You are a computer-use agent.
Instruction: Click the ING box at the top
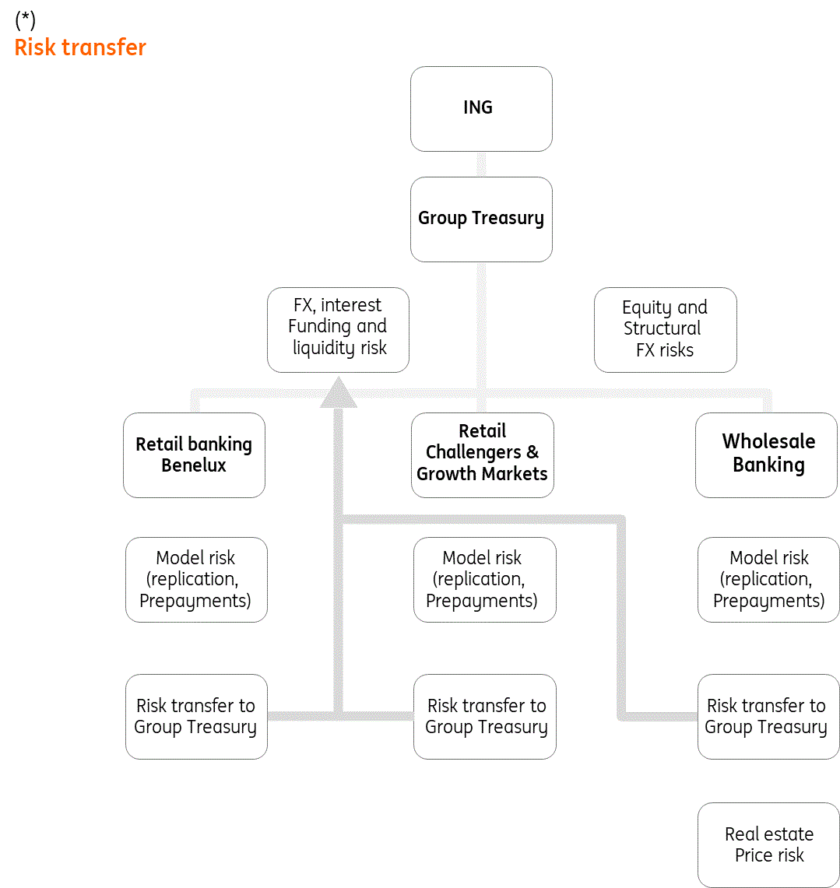[x=481, y=108]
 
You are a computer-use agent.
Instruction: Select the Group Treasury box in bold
[x=481, y=219]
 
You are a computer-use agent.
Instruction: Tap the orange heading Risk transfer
[x=80, y=47]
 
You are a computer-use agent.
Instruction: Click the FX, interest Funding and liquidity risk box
[x=338, y=329]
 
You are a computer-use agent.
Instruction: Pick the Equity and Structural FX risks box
[x=665, y=329]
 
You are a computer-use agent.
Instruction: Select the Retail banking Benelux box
[x=194, y=455]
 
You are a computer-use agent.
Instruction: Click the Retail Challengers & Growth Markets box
[x=482, y=455]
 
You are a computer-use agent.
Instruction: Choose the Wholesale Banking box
[x=766, y=455]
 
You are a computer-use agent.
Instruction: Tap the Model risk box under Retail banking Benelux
[x=196, y=579]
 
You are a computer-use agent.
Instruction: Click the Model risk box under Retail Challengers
[x=484, y=579]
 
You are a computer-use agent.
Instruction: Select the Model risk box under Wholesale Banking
[x=768, y=579]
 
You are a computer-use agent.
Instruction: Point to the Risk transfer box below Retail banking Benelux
[x=196, y=716]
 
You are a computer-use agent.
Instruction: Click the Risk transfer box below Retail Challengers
[x=484, y=716]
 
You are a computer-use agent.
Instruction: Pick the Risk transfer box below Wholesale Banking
[x=768, y=716]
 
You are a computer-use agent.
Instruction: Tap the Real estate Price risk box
[x=768, y=845]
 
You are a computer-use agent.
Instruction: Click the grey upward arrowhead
[x=339, y=394]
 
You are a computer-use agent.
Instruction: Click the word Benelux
[x=194, y=465]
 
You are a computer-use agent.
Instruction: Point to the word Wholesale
[x=768, y=441]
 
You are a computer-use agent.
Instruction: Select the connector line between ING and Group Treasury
[x=481, y=164]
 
